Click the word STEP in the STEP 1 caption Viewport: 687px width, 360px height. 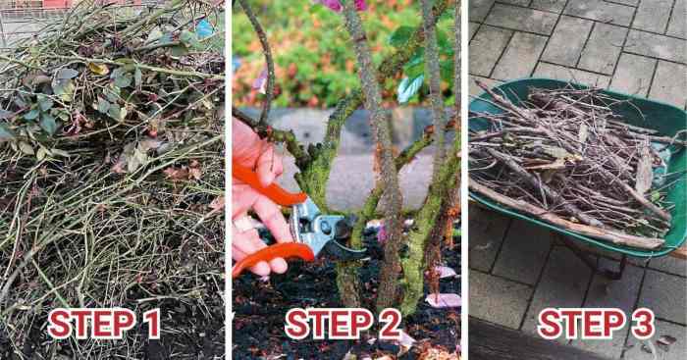tap(92, 324)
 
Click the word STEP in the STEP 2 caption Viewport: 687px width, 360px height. tap(329, 324)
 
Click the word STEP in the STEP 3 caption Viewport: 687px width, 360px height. tap(580, 324)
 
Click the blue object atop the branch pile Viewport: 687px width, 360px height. tap(204, 28)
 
